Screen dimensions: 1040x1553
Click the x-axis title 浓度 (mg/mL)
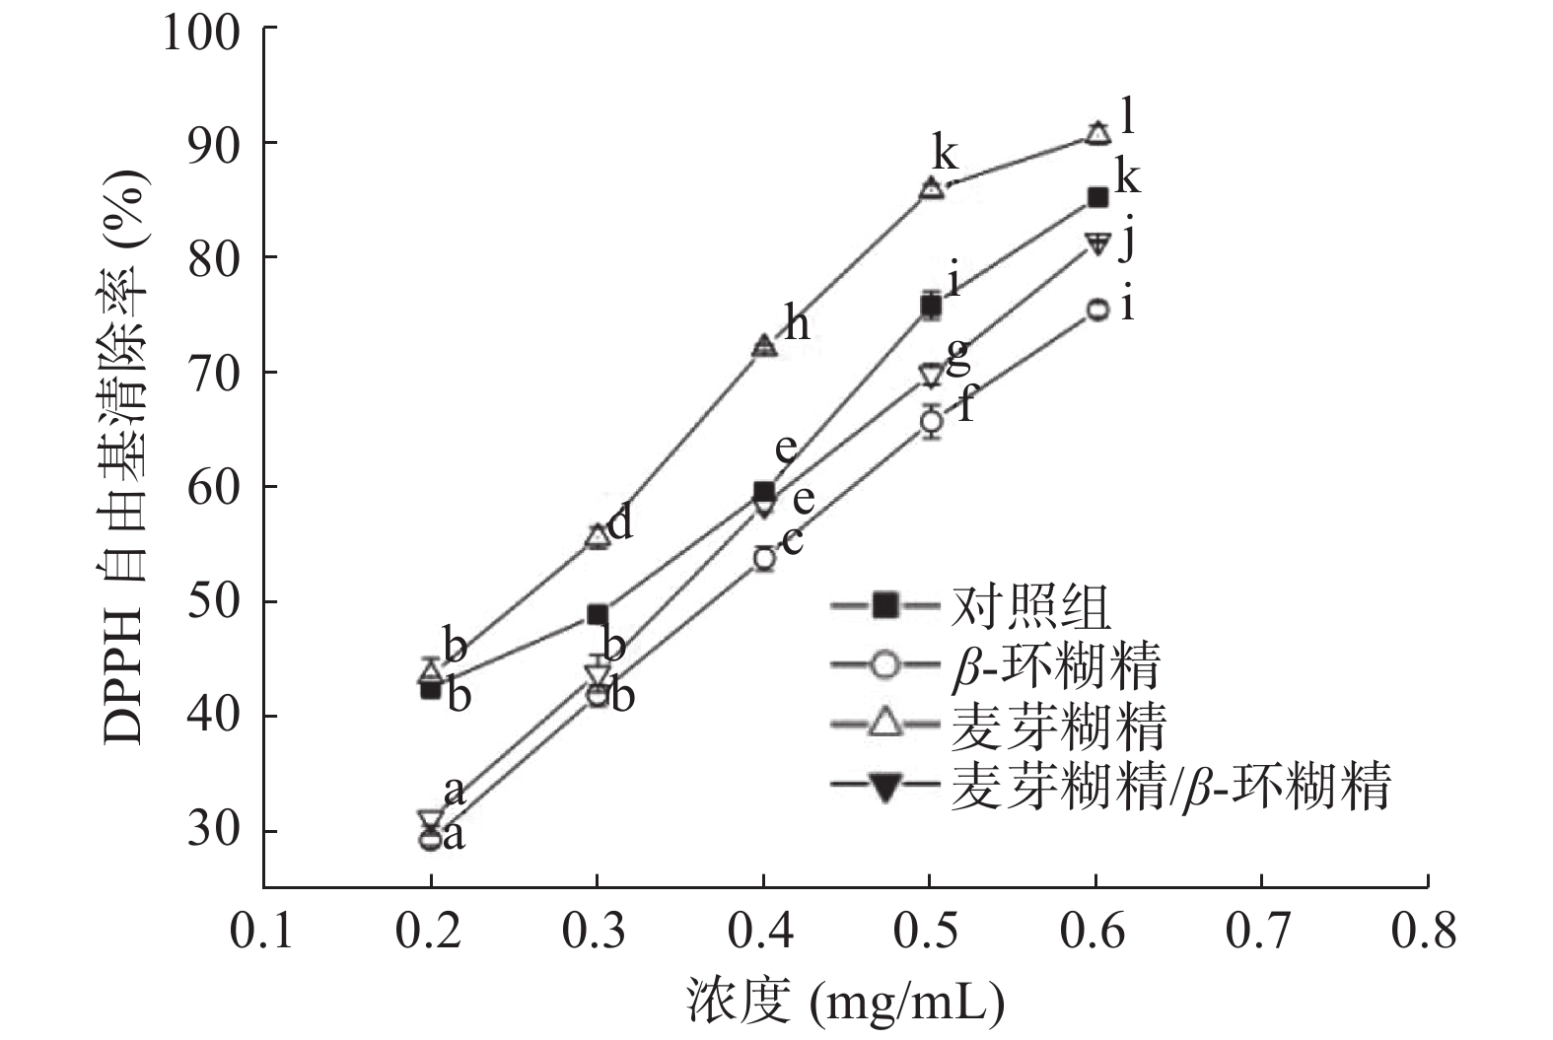tap(845, 1004)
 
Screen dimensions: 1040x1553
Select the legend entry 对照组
tap(1030, 605)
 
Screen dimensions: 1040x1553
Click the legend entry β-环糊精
tap(1056, 665)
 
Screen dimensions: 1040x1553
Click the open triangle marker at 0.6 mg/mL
tap(1097, 133)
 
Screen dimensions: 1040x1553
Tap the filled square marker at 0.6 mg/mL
tap(1097, 197)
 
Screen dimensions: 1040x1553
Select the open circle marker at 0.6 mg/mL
tap(1097, 310)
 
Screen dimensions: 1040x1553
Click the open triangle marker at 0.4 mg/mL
tap(764, 346)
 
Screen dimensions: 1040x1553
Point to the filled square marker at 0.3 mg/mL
tap(598, 614)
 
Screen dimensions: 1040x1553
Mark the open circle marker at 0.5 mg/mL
tap(931, 422)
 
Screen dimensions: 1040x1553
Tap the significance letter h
tap(797, 321)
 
